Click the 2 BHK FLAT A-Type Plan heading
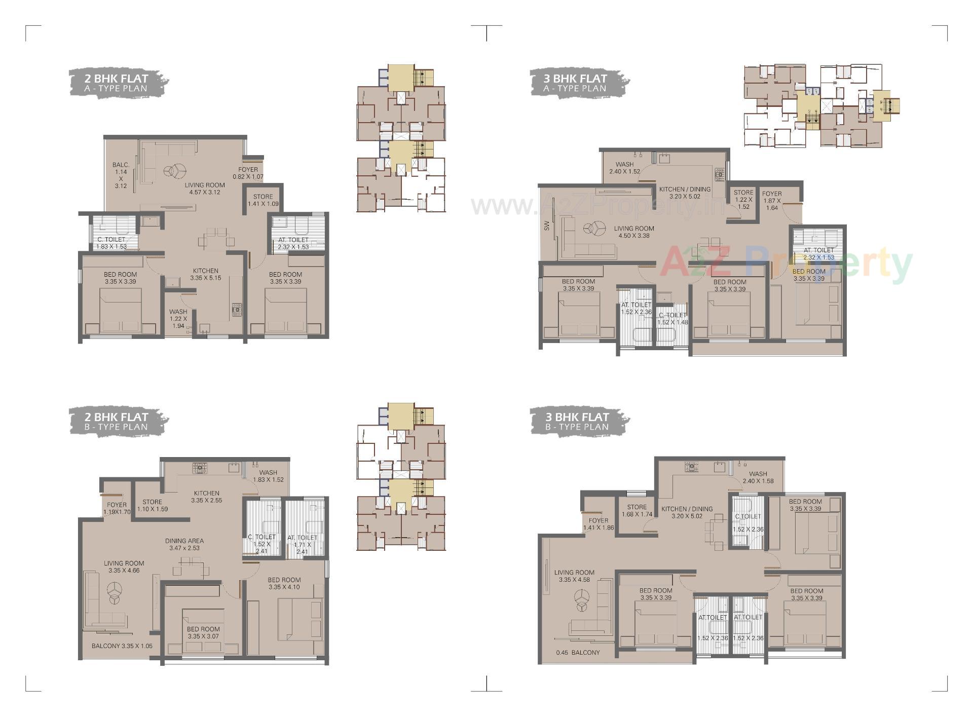point(116,83)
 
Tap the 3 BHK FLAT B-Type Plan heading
point(577,422)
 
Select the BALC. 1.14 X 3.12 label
point(121,175)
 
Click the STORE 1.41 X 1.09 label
point(263,200)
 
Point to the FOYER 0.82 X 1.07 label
point(248,173)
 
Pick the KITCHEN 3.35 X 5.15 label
point(205,274)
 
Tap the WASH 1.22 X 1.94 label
point(178,319)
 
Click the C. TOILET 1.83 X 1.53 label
point(111,243)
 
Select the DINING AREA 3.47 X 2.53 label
point(184,544)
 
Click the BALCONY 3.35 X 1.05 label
point(122,646)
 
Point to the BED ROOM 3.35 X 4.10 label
point(284,583)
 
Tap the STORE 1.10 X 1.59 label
point(152,505)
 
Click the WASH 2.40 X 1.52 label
point(624,168)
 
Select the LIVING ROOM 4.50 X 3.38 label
point(634,232)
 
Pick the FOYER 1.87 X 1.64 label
point(772,200)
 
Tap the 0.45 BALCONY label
point(578,653)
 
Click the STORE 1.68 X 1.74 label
point(637,510)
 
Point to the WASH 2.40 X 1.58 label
point(758,477)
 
